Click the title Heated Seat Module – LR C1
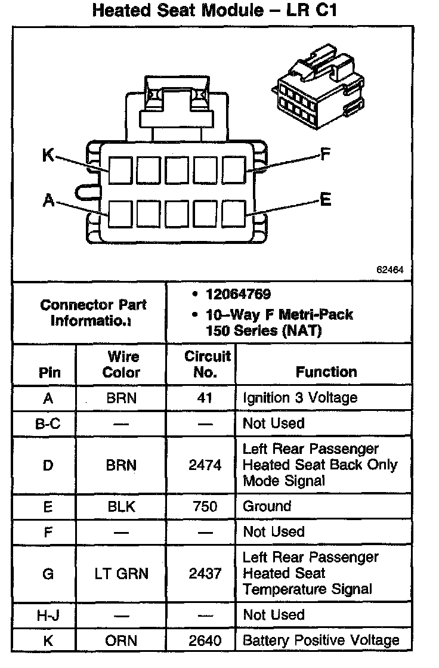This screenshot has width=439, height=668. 219,10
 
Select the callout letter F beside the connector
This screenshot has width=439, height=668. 324,155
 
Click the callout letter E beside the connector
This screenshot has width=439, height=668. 325,199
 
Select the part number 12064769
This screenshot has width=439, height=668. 238,294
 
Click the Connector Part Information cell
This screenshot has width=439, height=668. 93,313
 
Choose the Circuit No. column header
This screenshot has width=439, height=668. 206,364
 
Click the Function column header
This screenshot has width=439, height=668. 326,372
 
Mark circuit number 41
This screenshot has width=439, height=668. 205,398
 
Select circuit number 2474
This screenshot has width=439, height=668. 205,465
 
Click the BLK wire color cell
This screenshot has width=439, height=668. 122,507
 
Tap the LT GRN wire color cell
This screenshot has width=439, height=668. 122,574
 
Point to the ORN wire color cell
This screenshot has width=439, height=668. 122,641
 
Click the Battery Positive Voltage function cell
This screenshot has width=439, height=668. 321,641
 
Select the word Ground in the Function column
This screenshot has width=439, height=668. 267,507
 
